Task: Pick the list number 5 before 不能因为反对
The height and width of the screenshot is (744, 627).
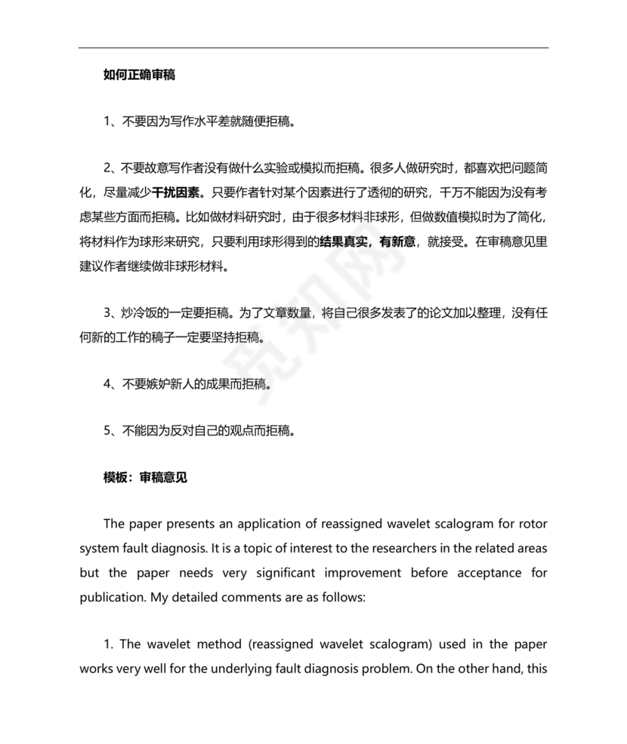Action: tap(107, 431)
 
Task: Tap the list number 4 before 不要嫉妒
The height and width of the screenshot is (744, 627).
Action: tap(107, 384)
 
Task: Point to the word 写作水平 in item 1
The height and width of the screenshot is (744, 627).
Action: tap(197, 120)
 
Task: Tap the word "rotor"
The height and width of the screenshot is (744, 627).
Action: tap(531, 524)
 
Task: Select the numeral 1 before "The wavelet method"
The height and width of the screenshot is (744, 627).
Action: tap(107, 644)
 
